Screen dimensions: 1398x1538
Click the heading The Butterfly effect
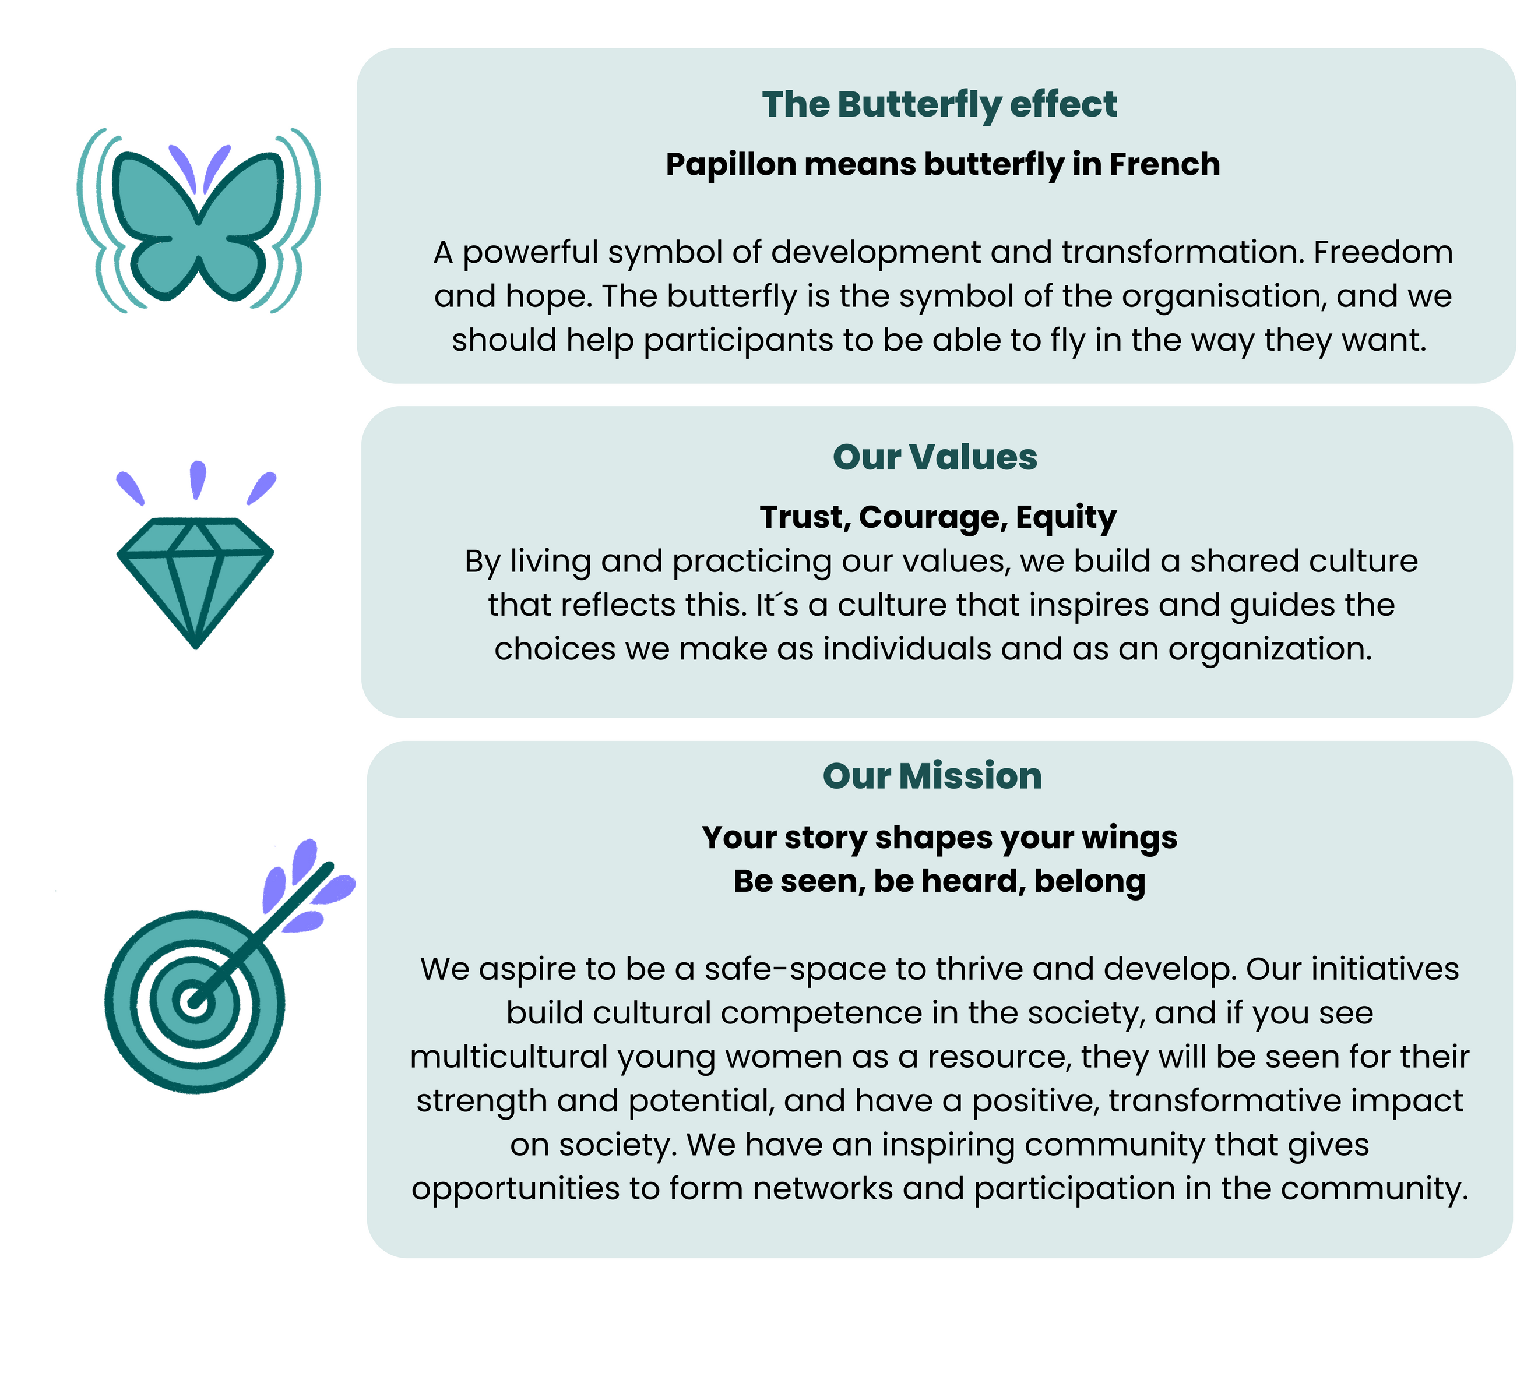coord(939,104)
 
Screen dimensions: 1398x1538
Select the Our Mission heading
coord(932,776)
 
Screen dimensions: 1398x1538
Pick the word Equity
coord(1066,518)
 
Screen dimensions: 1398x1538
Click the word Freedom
coord(1382,252)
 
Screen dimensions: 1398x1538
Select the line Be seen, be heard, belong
coord(939,882)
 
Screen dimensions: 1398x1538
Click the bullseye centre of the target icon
coord(193,1001)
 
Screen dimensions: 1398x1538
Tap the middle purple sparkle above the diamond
coord(198,479)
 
